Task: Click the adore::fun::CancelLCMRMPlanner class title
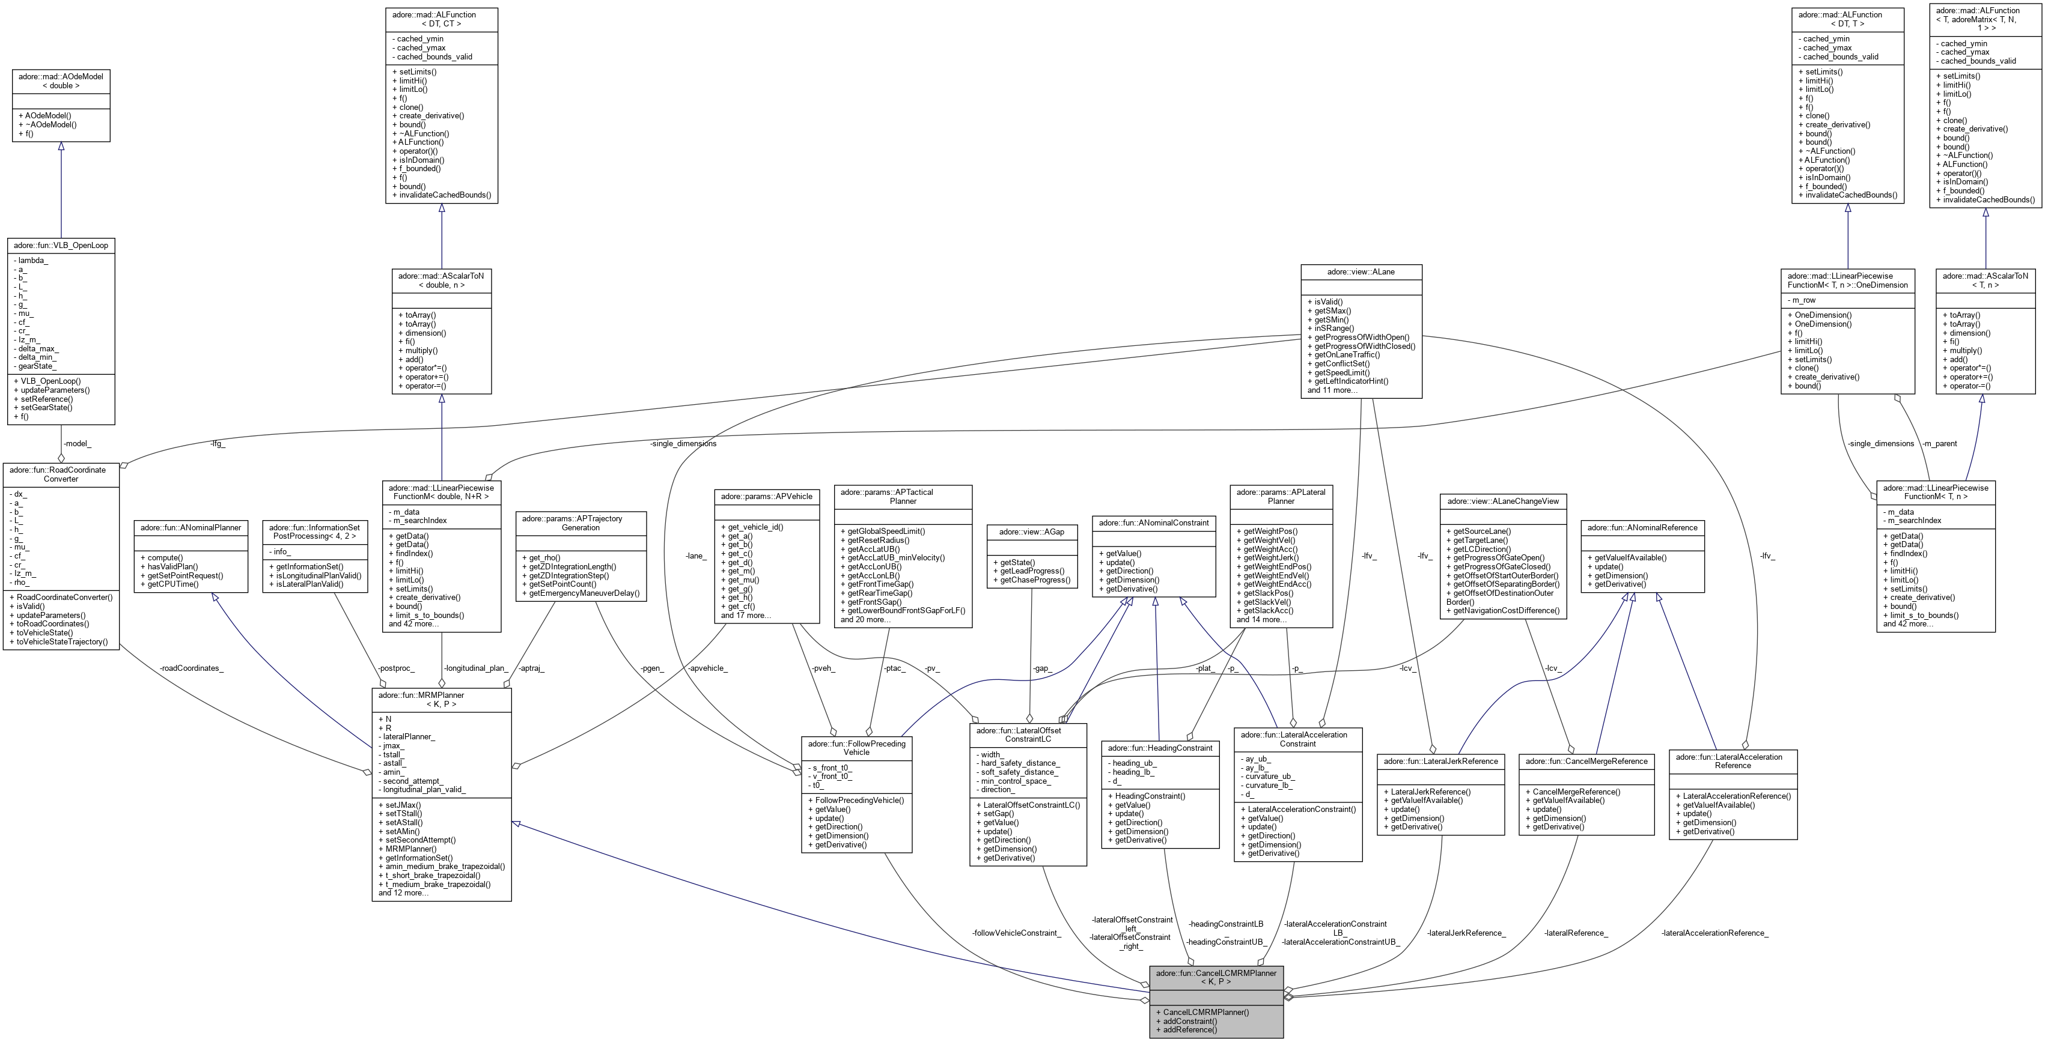(1216, 977)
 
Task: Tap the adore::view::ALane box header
(1361, 271)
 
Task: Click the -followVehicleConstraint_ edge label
(1016, 933)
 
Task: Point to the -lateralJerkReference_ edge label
(1466, 933)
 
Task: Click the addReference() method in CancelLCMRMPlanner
(1189, 1029)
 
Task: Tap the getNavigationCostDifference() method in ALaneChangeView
(1502, 611)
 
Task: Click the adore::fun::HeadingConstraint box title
(1160, 748)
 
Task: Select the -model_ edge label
(77, 444)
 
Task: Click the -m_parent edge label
(1933, 444)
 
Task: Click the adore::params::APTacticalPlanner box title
(903, 496)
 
